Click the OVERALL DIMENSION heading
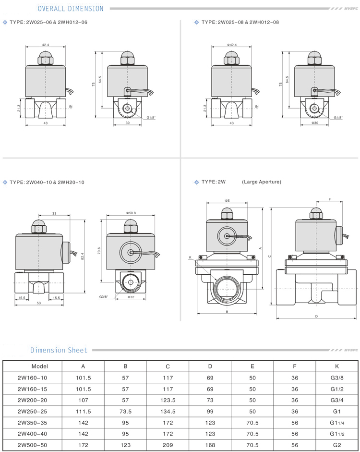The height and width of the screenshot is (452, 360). click(70, 9)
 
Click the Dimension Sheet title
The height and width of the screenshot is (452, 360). click(59, 350)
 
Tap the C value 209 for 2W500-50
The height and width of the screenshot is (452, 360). click(168, 445)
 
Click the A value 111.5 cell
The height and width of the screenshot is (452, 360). click(84, 411)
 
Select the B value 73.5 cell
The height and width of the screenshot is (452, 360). click(125, 411)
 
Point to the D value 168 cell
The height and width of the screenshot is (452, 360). click(210, 445)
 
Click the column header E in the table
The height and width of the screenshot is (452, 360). click(252, 366)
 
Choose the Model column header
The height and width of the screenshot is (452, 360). click(39, 366)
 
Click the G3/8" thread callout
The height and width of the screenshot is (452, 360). click(104, 297)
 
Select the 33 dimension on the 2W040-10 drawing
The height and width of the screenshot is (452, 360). click(54, 213)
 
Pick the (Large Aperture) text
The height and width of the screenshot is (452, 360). click(262, 182)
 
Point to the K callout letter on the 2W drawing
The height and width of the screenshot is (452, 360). click(190, 257)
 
